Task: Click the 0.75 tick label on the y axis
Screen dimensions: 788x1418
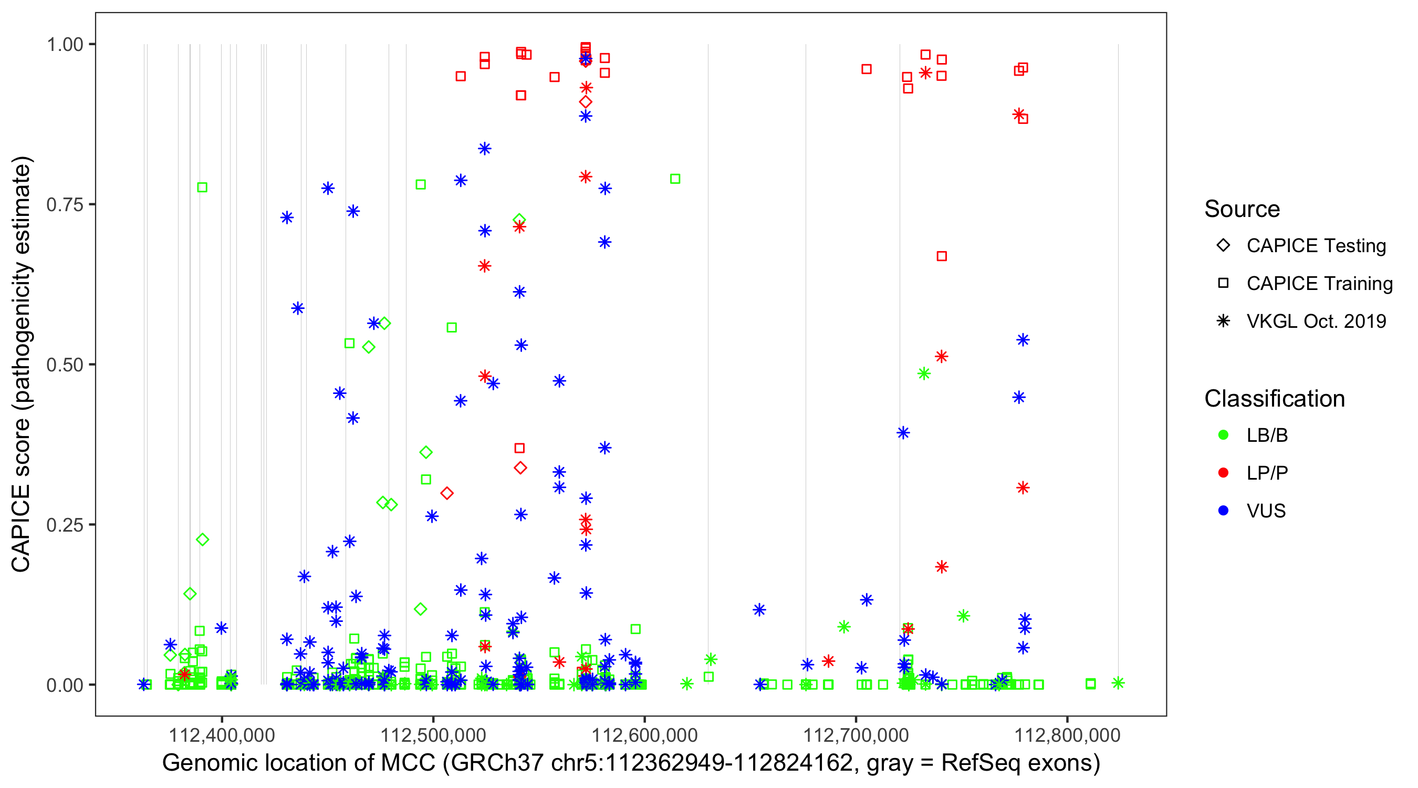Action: coord(64,204)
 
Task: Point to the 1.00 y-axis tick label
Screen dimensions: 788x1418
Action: coord(64,44)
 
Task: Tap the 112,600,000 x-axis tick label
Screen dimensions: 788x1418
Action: coord(644,735)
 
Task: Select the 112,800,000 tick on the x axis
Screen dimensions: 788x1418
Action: coord(1067,735)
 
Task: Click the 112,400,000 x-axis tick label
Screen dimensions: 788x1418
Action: coord(221,735)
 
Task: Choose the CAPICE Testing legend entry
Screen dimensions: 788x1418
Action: coord(1316,246)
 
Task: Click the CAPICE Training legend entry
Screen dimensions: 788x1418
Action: coord(1319,284)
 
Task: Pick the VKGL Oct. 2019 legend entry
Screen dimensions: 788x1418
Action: coord(1316,321)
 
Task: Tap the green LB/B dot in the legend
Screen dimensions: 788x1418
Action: coord(1223,435)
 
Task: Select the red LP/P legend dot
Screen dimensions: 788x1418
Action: coord(1223,473)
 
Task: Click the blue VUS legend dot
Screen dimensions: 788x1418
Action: coord(1223,511)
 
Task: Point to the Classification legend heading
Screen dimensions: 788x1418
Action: coord(1274,399)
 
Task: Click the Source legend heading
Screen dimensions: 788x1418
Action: coord(1242,209)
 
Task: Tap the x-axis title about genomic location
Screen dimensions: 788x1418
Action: coord(631,763)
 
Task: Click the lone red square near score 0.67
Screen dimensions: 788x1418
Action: coord(941,256)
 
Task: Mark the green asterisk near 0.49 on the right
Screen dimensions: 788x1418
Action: coord(924,374)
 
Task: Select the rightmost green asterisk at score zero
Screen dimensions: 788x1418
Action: coord(1118,683)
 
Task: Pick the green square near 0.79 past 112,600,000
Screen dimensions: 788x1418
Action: coord(675,179)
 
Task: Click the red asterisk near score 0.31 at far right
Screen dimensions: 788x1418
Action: coord(1023,488)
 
